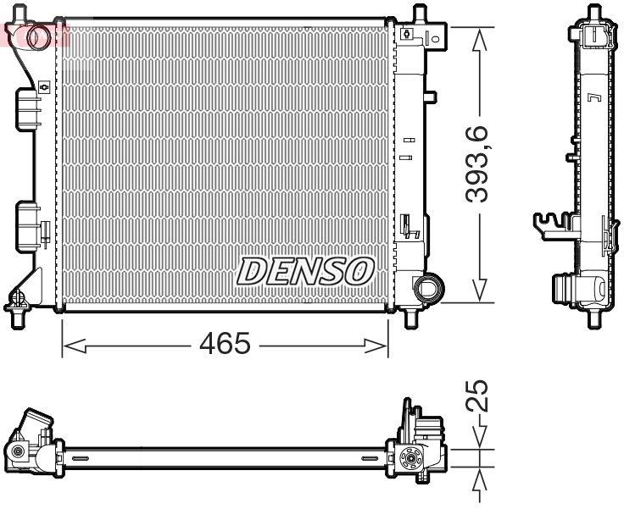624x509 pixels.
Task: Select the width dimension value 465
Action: (226, 345)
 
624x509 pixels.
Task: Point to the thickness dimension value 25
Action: (480, 396)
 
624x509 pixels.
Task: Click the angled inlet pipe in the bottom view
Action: (36, 423)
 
